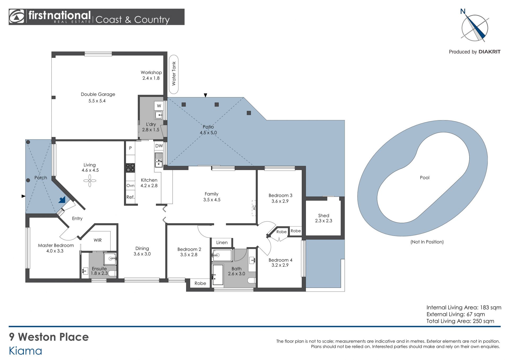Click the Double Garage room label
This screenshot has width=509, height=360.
[98, 94]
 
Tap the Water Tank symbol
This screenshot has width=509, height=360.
[174, 74]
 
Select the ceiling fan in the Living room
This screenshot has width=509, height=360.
[90, 181]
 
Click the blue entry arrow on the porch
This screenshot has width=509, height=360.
[62, 200]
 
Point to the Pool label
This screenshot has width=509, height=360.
[424, 178]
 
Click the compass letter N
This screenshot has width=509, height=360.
[463, 11]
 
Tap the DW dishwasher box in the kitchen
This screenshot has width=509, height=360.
[159, 146]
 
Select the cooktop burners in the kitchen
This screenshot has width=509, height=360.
[130, 168]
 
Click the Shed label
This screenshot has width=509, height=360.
[324, 215]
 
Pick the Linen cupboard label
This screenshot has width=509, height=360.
[222, 242]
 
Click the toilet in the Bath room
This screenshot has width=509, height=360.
[252, 280]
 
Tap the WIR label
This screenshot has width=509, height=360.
[98, 240]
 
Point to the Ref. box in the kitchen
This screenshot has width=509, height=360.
[130, 197]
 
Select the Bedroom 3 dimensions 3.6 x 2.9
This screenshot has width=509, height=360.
[280, 201]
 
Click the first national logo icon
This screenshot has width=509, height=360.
[16, 17]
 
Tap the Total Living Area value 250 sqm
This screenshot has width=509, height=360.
[484, 321]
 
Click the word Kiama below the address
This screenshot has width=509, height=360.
[25, 351]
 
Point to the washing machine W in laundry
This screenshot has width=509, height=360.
[159, 106]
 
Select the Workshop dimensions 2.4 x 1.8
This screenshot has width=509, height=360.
[151, 78]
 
